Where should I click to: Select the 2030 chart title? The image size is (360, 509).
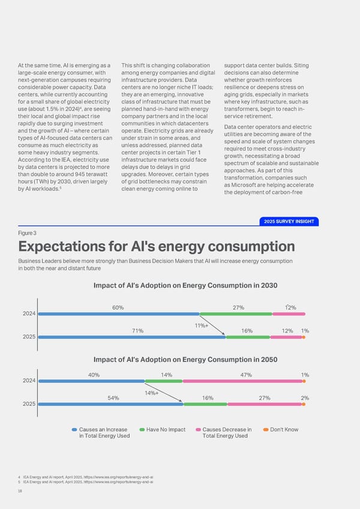(185, 285)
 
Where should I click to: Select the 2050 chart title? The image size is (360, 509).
(185, 360)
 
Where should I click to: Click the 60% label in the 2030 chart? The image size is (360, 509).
(118, 307)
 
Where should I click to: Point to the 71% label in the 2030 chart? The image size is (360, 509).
(137, 331)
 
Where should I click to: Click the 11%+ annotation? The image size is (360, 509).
(201, 325)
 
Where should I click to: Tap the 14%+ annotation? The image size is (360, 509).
(151, 393)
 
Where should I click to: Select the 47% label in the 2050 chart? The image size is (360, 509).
(245, 375)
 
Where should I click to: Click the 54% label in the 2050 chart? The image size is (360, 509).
(113, 398)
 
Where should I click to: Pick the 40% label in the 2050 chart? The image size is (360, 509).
(94, 375)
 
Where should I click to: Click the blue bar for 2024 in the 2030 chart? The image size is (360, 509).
(118, 314)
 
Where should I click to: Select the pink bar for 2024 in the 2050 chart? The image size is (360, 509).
(242, 381)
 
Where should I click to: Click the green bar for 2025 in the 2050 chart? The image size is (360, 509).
(206, 404)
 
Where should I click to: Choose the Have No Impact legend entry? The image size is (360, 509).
(163, 429)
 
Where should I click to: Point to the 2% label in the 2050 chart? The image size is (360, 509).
(305, 398)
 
